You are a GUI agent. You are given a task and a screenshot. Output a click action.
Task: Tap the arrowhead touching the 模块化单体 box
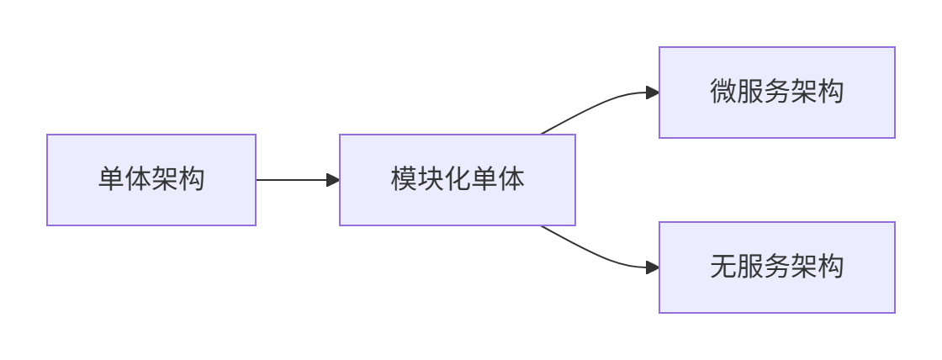(333, 180)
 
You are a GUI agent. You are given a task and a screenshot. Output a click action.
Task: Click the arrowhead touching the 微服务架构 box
(652, 93)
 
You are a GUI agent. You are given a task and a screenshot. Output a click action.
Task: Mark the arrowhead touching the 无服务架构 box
(652, 267)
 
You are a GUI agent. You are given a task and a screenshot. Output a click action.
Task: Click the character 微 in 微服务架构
(723, 92)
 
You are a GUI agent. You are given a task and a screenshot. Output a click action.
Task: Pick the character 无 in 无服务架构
(723, 267)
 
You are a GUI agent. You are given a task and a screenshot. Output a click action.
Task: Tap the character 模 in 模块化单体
(404, 179)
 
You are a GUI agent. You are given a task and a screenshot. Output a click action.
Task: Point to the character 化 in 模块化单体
(458, 179)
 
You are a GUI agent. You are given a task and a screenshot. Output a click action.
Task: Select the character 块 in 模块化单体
(431, 179)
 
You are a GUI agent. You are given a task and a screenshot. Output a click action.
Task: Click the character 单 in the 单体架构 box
(111, 179)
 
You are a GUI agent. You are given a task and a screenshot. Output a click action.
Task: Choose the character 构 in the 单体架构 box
(192, 179)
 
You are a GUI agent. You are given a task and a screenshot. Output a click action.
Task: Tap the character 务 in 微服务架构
(777, 92)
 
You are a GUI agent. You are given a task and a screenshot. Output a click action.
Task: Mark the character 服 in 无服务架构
(750, 267)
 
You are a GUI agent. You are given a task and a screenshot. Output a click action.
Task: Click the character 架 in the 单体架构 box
(165, 179)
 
